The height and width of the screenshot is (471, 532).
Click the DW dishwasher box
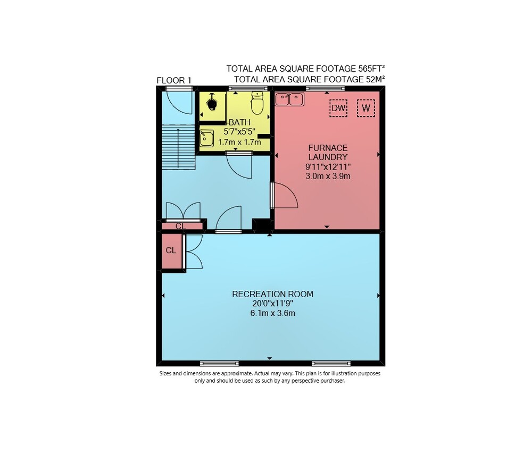[x=338, y=108]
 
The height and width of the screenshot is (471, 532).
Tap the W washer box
[x=366, y=108]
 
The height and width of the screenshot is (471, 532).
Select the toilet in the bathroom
[x=257, y=103]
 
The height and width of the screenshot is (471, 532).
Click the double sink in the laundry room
[x=290, y=99]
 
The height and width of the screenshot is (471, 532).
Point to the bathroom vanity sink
[x=206, y=138]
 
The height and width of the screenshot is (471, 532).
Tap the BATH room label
[x=239, y=122]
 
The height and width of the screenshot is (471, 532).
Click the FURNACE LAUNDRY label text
[x=328, y=153]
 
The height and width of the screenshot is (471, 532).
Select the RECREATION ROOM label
[x=273, y=294]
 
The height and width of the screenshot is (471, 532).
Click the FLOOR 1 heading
[x=174, y=80]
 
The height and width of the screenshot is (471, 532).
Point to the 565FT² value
[x=371, y=69]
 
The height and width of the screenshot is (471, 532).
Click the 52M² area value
[x=375, y=79]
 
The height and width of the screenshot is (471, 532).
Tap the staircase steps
[x=178, y=147]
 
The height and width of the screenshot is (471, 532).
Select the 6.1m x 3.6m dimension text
[x=273, y=313]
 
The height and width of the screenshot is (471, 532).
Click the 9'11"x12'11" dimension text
[x=328, y=167]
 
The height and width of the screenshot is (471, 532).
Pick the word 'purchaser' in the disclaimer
[x=332, y=381]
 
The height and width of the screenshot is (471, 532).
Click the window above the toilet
[x=248, y=88]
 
